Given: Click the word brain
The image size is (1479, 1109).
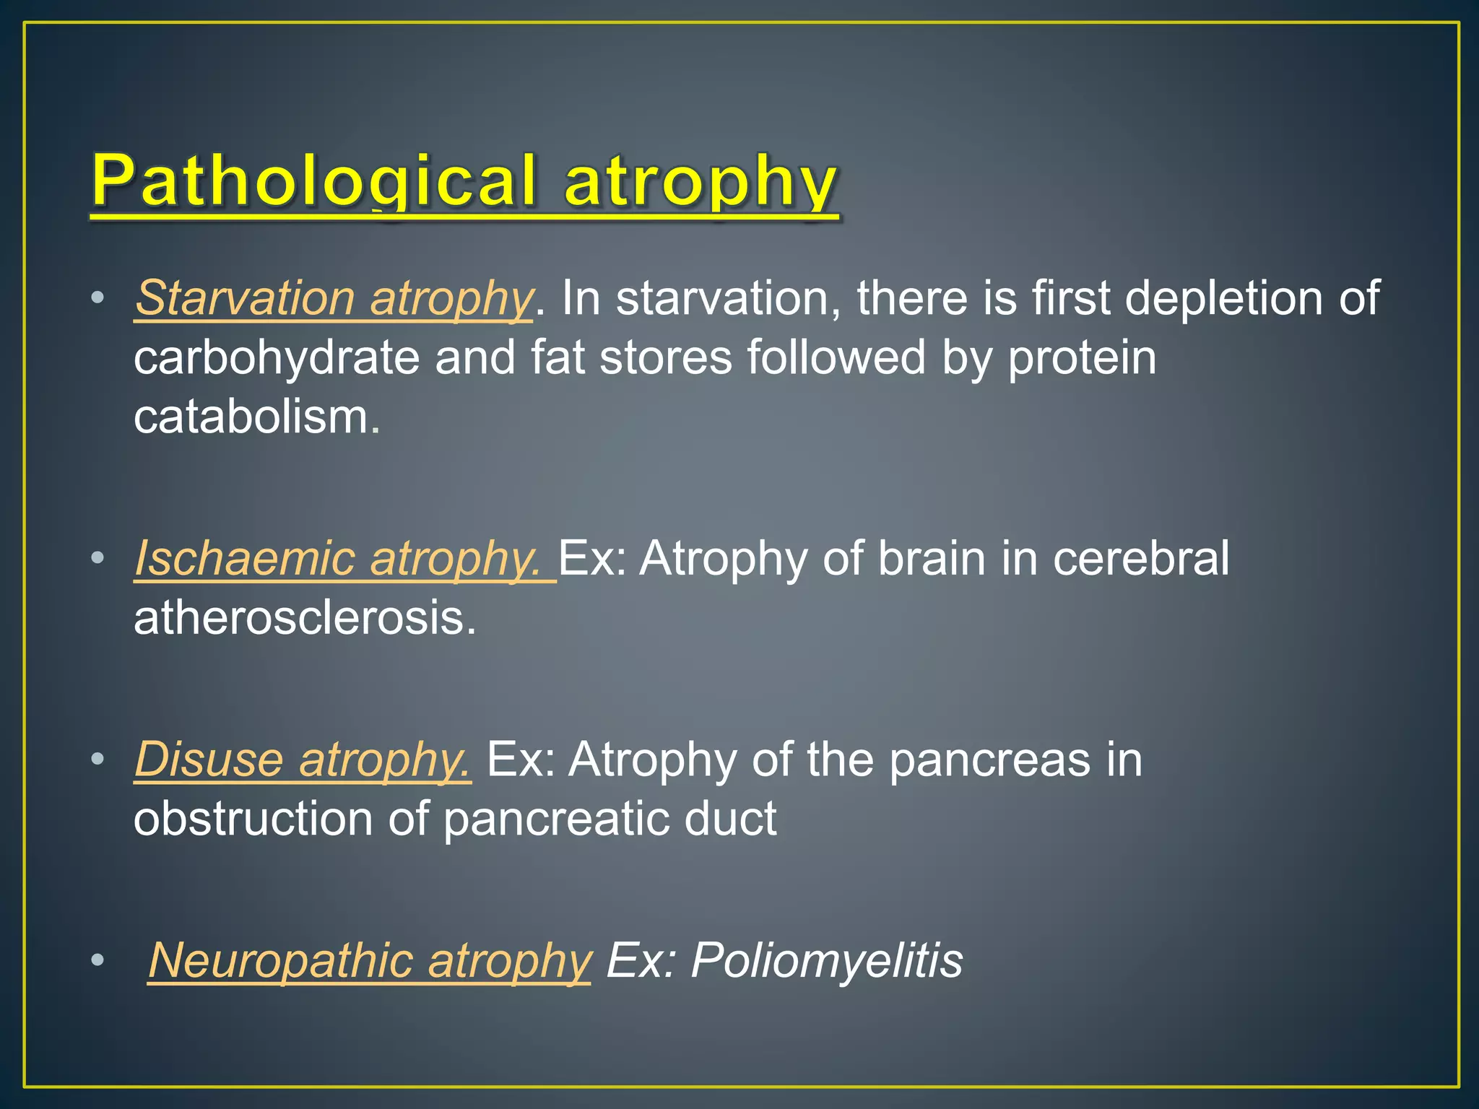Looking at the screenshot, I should (931, 558).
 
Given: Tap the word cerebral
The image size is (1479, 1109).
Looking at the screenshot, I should (1140, 558).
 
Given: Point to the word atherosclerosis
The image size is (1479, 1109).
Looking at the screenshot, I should (304, 618).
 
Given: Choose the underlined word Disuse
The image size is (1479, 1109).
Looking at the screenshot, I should (209, 760).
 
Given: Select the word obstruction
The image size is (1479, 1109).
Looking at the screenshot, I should (253, 819).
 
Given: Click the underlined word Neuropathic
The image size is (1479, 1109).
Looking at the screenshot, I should (280, 960).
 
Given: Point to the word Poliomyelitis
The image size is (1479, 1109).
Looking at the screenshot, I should (826, 960).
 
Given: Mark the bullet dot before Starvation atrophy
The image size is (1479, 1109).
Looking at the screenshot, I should (97, 297).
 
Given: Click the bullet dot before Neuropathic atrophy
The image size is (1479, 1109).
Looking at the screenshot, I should (97, 960).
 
